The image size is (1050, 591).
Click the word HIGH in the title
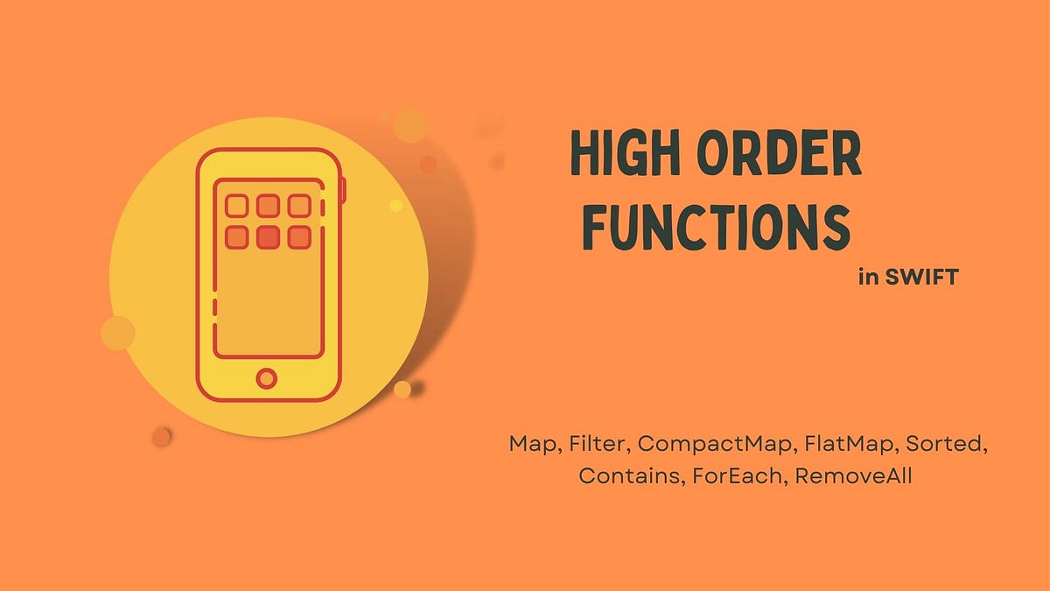(x=620, y=155)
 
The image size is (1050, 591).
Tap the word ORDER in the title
(x=773, y=155)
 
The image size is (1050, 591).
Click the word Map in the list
(x=534, y=444)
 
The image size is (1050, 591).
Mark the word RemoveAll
(x=854, y=477)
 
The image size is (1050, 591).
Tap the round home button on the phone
(x=267, y=378)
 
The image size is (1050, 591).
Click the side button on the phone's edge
(x=343, y=189)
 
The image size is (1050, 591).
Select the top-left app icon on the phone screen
(x=236, y=206)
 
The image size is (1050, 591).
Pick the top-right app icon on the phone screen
(x=299, y=206)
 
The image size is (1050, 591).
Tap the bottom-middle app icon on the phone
(x=268, y=236)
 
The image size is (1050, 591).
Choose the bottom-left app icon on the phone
(x=236, y=236)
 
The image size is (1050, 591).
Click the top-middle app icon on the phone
(x=268, y=206)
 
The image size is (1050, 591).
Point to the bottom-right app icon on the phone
(x=299, y=236)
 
